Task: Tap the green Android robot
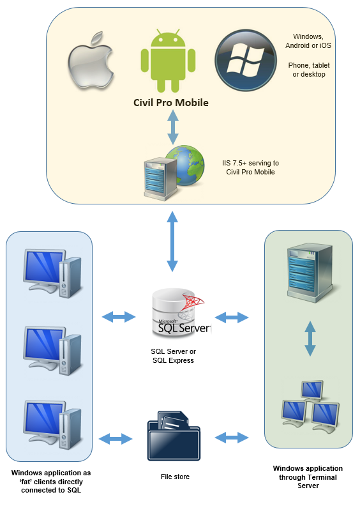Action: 168,61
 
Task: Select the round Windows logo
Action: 246,60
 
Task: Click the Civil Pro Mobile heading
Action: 170,102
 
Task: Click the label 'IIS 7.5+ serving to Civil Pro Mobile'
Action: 250,167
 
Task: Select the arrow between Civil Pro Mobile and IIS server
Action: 173,127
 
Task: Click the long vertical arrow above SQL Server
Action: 172,241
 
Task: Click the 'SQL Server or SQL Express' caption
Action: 173,356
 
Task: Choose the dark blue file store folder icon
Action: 174,436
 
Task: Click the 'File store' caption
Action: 175,477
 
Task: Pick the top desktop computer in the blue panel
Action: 52,273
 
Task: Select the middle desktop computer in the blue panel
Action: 52,351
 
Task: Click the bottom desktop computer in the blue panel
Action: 52,425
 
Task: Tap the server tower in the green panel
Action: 310,272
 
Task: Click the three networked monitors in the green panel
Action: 311,406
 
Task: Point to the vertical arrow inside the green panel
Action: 310,339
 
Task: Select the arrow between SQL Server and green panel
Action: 232,317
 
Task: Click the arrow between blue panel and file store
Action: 116,439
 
